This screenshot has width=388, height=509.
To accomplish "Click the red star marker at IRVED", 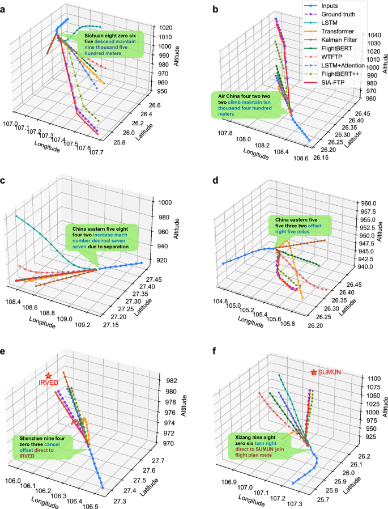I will (x=49, y=376).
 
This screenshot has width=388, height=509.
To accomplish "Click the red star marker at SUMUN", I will (x=314, y=372).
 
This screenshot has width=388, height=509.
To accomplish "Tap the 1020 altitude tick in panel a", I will (x=166, y=28).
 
